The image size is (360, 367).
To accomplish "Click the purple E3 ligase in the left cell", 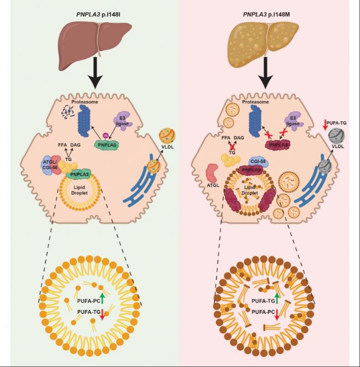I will [x=124, y=121].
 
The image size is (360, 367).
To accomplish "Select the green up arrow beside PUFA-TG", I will [x=276, y=301].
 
